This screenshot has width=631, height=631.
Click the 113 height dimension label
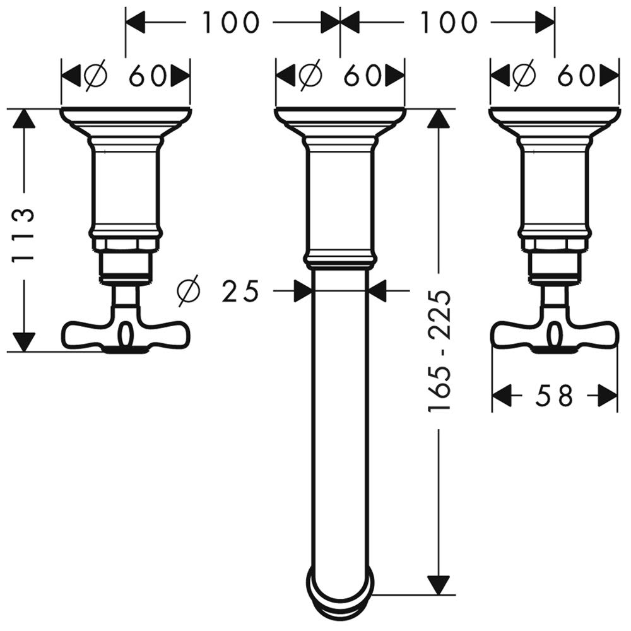click(x=22, y=235)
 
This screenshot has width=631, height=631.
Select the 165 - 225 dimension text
click(x=439, y=350)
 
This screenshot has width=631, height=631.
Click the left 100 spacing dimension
click(x=230, y=22)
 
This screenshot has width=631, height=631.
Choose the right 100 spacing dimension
click(x=448, y=22)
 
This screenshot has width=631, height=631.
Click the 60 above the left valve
click(x=147, y=75)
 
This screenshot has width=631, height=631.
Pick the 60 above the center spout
click(x=362, y=75)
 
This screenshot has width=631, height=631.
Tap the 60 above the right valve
click(x=576, y=75)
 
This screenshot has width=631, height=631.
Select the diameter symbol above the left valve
click(x=97, y=75)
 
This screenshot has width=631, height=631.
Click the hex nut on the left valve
click(x=126, y=244)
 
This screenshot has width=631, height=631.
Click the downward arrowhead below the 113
click(x=24, y=341)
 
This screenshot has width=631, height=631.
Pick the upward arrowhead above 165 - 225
click(x=439, y=119)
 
